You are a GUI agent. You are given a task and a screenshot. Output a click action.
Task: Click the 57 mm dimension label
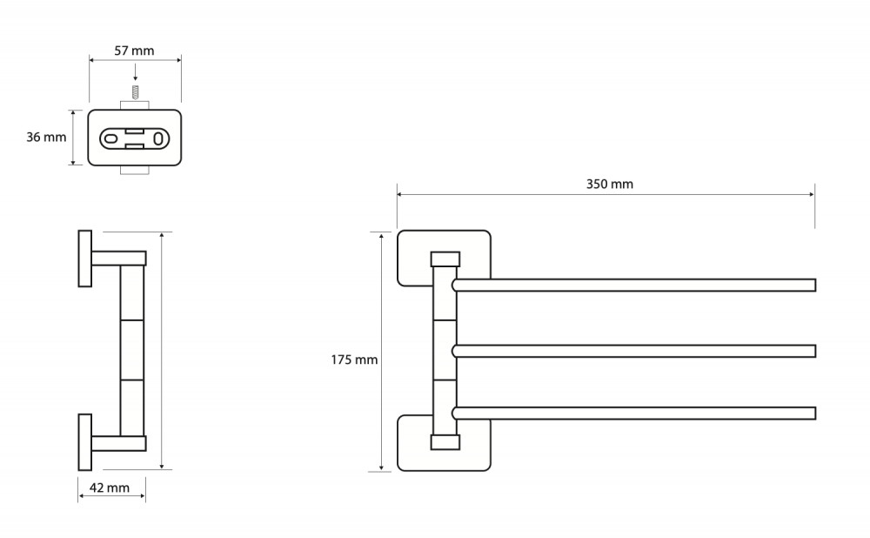(134, 50)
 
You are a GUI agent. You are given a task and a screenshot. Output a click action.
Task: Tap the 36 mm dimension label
(46, 138)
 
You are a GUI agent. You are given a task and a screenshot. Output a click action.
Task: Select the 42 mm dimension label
(110, 488)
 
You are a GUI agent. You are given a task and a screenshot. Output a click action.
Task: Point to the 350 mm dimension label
(610, 184)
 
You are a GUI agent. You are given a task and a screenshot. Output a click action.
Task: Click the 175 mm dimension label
(355, 360)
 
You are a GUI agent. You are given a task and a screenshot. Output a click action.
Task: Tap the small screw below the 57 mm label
(135, 91)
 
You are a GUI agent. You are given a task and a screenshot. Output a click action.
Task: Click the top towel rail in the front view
(634, 286)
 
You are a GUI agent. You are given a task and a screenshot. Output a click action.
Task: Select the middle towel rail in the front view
(634, 351)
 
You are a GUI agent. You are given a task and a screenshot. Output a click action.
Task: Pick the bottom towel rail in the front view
(634, 414)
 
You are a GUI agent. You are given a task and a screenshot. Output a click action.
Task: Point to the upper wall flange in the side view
(85, 259)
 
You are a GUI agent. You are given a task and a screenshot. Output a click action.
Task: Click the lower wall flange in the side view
(85, 442)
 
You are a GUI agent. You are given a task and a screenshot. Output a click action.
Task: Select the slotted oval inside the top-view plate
(134, 138)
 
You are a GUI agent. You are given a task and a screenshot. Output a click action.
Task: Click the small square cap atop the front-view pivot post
(445, 259)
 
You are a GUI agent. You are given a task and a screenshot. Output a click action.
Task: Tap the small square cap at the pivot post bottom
(445, 442)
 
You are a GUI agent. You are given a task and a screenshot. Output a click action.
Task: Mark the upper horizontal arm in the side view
(118, 259)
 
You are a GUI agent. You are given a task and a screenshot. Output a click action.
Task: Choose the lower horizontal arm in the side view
(118, 444)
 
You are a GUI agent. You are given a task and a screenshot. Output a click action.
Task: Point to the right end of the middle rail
(816, 351)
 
